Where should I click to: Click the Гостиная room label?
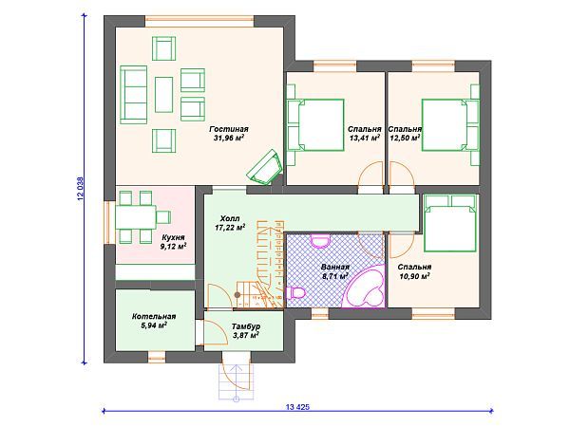click(x=229, y=129)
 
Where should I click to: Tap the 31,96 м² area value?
click(x=229, y=138)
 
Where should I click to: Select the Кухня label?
click(x=174, y=237)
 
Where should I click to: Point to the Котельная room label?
click(x=154, y=317)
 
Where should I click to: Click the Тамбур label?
click(x=246, y=326)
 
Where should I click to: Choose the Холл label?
click(x=230, y=218)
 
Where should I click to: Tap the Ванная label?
click(x=335, y=268)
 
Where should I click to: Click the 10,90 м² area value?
click(x=415, y=276)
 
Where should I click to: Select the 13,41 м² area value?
click(x=365, y=138)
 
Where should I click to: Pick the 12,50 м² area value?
click(x=405, y=138)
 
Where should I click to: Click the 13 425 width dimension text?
click(x=297, y=407)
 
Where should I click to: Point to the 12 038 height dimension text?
click(x=81, y=189)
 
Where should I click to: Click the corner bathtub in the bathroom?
click(x=366, y=287)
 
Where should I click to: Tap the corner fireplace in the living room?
click(x=265, y=167)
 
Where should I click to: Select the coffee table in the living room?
click(x=164, y=94)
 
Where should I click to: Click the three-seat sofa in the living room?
click(x=133, y=95)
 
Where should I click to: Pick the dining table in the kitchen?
click(x=136, y=217)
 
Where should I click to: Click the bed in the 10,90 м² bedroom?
click(x=450, y=223)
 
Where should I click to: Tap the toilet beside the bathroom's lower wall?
click(x=295, y=292)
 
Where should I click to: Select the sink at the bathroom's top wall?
click(x=320, y=241)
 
